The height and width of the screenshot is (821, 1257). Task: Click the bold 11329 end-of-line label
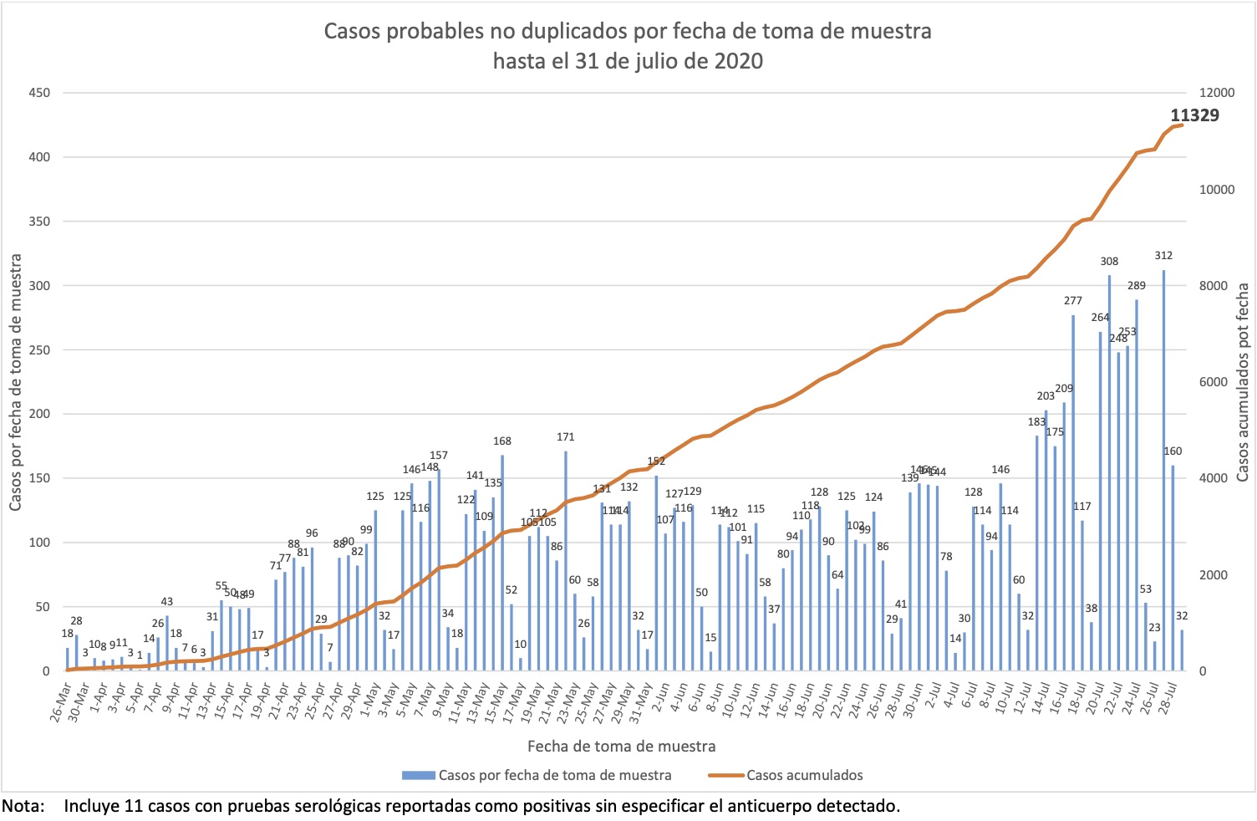click(x=1194, y=115)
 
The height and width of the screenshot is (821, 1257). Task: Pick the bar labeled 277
click(x=1073, y=492)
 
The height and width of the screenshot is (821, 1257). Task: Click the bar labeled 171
click(x=566, y=561)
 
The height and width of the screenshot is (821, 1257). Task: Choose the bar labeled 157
click(x=439, y=569)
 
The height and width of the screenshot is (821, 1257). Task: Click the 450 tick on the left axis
click(x=39, y=93)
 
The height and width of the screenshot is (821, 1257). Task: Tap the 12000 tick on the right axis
click(x=1218, y=93)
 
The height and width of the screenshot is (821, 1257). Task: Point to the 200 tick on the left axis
click(x=39, y=414)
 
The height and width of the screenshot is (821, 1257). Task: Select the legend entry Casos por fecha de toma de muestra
click(x=554, y=775)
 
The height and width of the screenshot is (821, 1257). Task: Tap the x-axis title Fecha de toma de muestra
click(x=621, y=746)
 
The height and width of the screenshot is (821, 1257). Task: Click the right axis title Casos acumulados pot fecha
click(x=1242, y=382)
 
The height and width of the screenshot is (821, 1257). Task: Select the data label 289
click(x=1137, y=286)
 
